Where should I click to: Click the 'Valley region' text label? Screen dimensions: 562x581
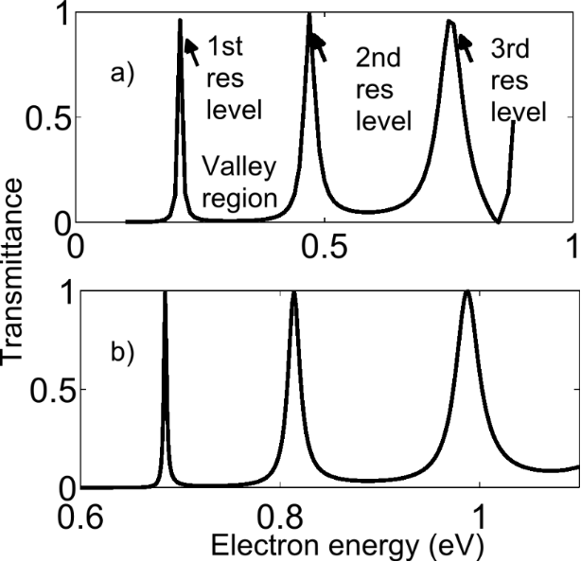(x=240, y=184)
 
